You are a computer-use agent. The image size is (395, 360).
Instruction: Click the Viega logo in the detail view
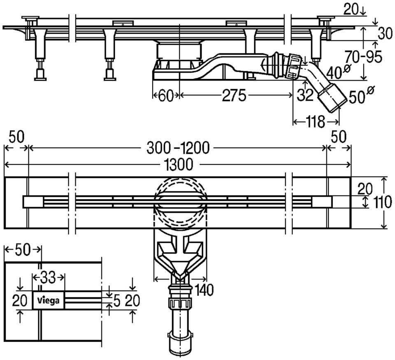(49, 300)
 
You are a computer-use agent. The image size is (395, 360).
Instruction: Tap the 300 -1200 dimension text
(178, 147)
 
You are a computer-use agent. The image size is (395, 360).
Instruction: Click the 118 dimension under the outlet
(315, 122)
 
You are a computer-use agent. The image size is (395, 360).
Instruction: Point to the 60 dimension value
(166, 96)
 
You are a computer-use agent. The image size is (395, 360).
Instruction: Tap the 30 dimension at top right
(385, 34)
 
